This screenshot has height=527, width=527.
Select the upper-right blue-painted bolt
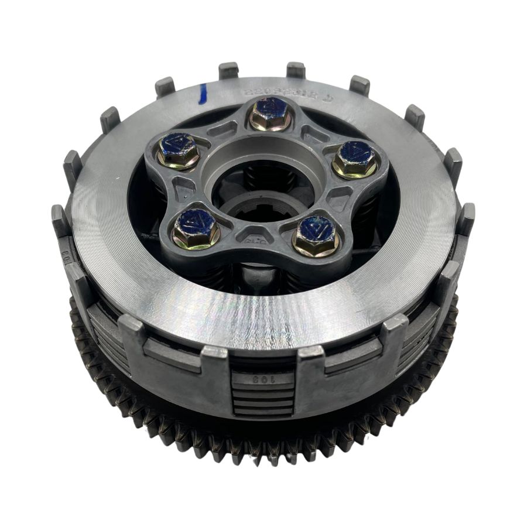(355, 158)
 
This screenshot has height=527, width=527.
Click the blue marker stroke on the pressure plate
(203, 94)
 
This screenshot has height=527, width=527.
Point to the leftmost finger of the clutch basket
(60, 219)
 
